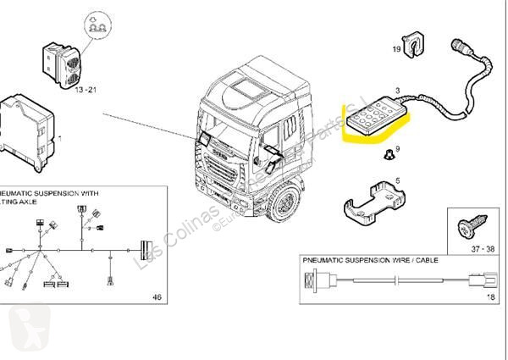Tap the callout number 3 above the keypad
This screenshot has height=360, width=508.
(397, 87)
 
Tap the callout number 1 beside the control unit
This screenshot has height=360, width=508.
(57, 137)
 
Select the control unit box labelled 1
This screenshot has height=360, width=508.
(28, 128)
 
